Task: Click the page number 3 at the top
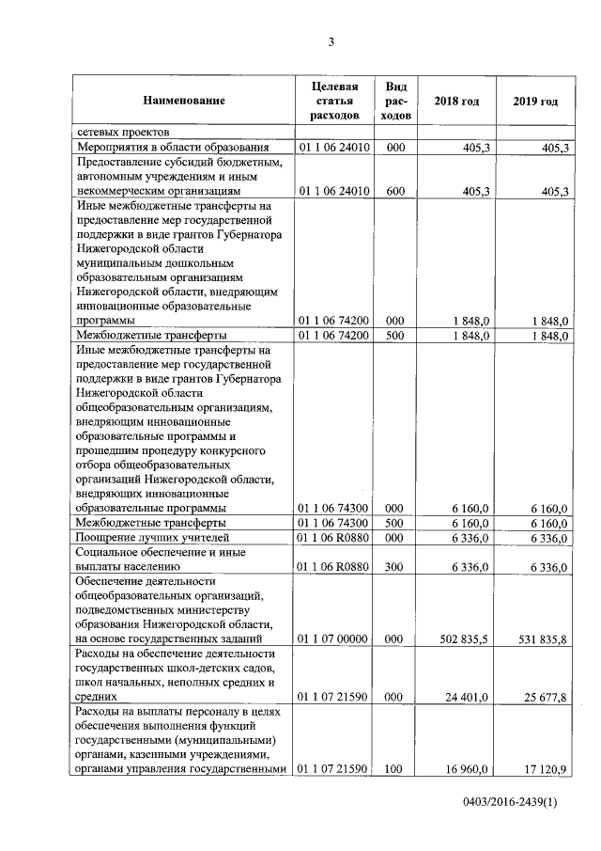(x=331, y=40)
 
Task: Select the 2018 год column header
(x=456, y=101)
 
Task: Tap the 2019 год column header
(x=535, y=101)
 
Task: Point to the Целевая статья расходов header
(x=334, y=101)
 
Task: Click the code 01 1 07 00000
(x=334, y=638)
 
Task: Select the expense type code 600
(x=395, y=192)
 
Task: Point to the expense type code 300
(x=395, y=567)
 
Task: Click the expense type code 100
(x=395, y=769)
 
